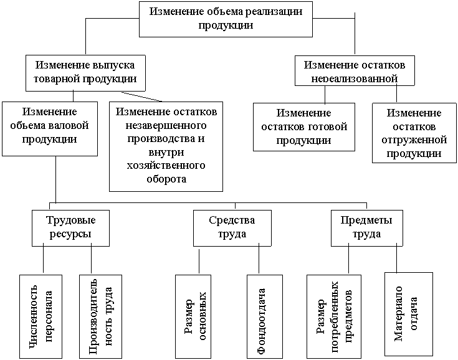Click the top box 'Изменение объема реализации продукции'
tap(228, 19)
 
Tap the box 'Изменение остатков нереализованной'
tap(355, 72)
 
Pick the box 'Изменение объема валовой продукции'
tap(50, 128)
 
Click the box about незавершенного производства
tap(166, 146)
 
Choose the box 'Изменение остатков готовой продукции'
tap(303, 127)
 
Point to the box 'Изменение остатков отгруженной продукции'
tap(414, 133)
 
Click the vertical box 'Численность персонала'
tap(42, 316)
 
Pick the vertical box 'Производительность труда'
tap(100, 316)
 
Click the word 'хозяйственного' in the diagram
tap(166, 166)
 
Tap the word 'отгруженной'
tap(414, 140)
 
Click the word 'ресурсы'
tap(69, 234)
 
